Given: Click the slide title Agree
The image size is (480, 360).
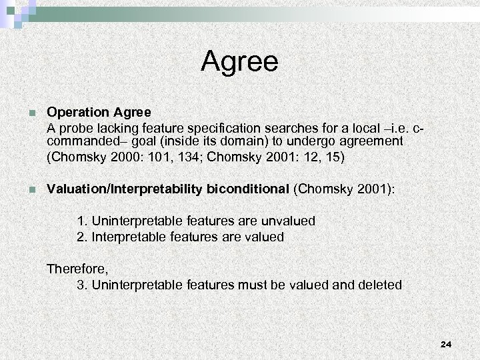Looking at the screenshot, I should click(x=239, y=63).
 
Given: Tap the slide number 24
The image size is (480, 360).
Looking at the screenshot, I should click(x=446, y=344).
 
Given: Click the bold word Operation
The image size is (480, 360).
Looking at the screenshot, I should click(x=75, y=113).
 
